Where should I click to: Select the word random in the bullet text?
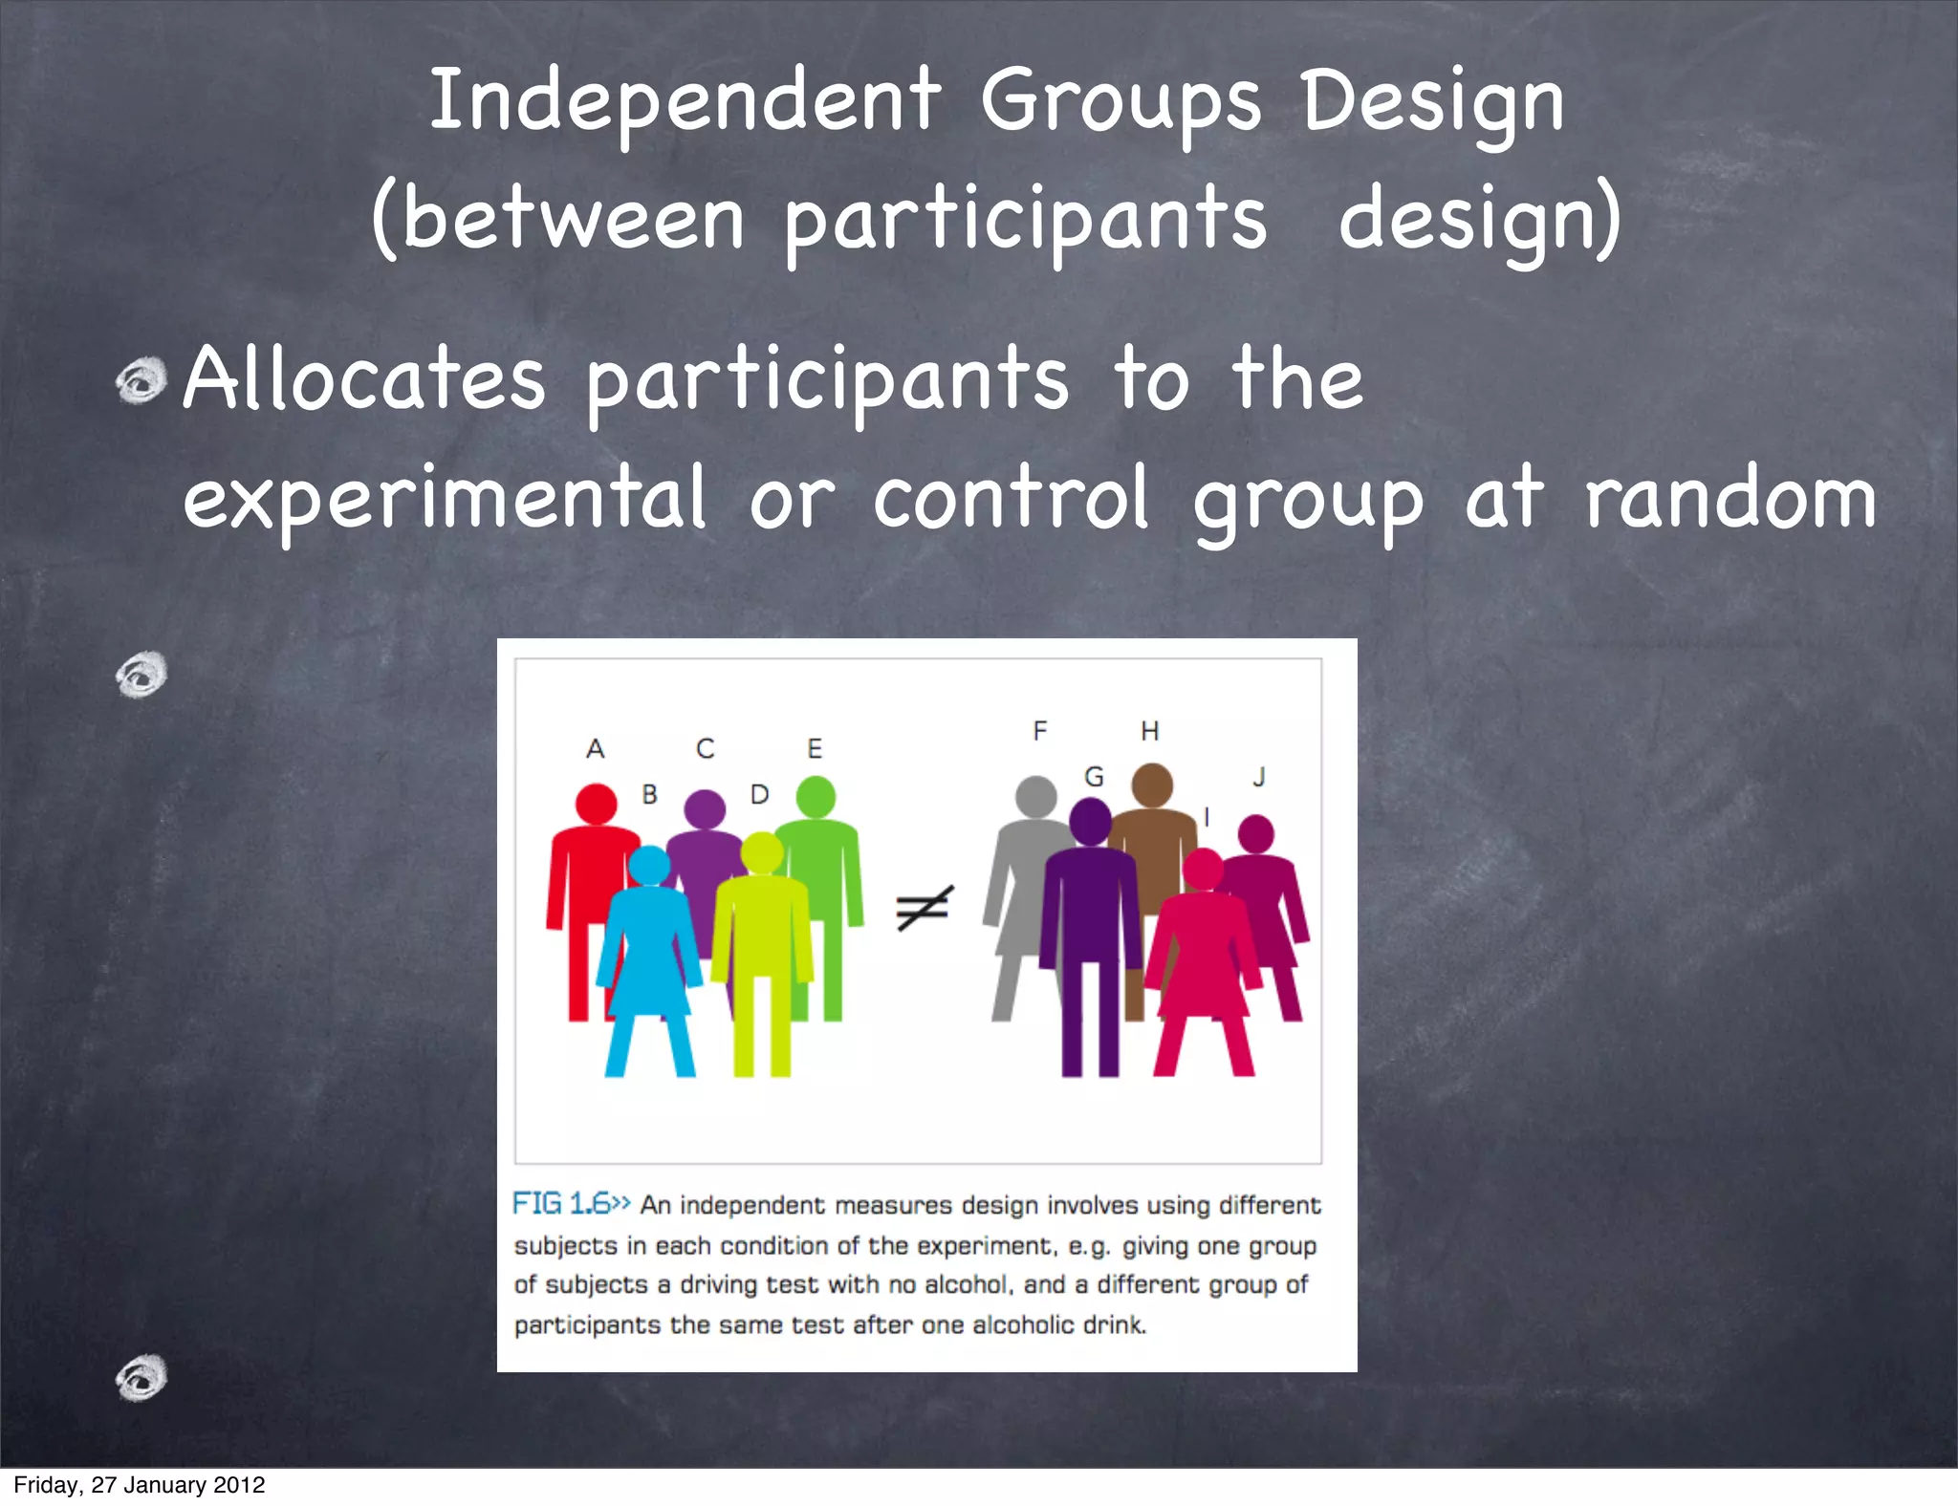[1730, 499]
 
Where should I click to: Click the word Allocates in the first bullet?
[364, 380]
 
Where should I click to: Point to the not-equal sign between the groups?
[924, 908]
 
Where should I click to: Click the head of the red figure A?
[596, 804]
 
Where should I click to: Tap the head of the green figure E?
[815, 796]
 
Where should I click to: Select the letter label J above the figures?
[1259, 777]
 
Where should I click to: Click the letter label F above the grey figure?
[1040, 731]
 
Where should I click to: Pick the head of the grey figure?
[1035, 796]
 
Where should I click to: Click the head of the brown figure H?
[1152, 784]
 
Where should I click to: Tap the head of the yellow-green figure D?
[762, 851]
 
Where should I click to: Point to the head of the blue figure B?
[650, 866]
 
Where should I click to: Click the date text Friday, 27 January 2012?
[140, 1485]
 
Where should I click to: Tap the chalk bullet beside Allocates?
[141, 380]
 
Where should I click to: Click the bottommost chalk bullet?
[141, 1377]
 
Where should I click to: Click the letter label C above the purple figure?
[705, 748]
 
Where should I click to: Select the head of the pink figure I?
[1203, 869]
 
